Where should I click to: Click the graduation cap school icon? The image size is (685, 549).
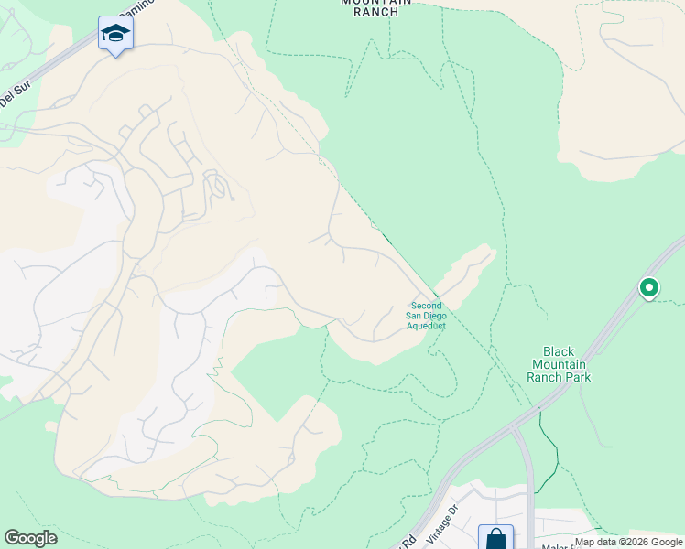click(x=115, y=34)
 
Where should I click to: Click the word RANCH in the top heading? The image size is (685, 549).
click(x=375, y=12)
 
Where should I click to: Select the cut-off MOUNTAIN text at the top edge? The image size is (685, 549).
click(x=375, y=2)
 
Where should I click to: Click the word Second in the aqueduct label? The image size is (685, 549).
click(x=426, y=306)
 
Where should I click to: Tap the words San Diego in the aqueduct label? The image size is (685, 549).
click(x=426, y=316)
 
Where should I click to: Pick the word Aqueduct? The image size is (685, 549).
click(x=426, y=326)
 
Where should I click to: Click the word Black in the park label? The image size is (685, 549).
click(x=558, y=352)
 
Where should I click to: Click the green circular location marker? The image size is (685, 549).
click(x=648, y=288)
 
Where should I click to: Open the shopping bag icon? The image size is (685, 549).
click(x=495, y=537)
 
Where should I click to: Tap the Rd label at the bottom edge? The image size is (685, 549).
click(x=408, y=541)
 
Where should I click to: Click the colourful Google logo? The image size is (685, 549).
click(x=30, y=538)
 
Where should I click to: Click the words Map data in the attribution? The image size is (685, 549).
click(x=595, y=542)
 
